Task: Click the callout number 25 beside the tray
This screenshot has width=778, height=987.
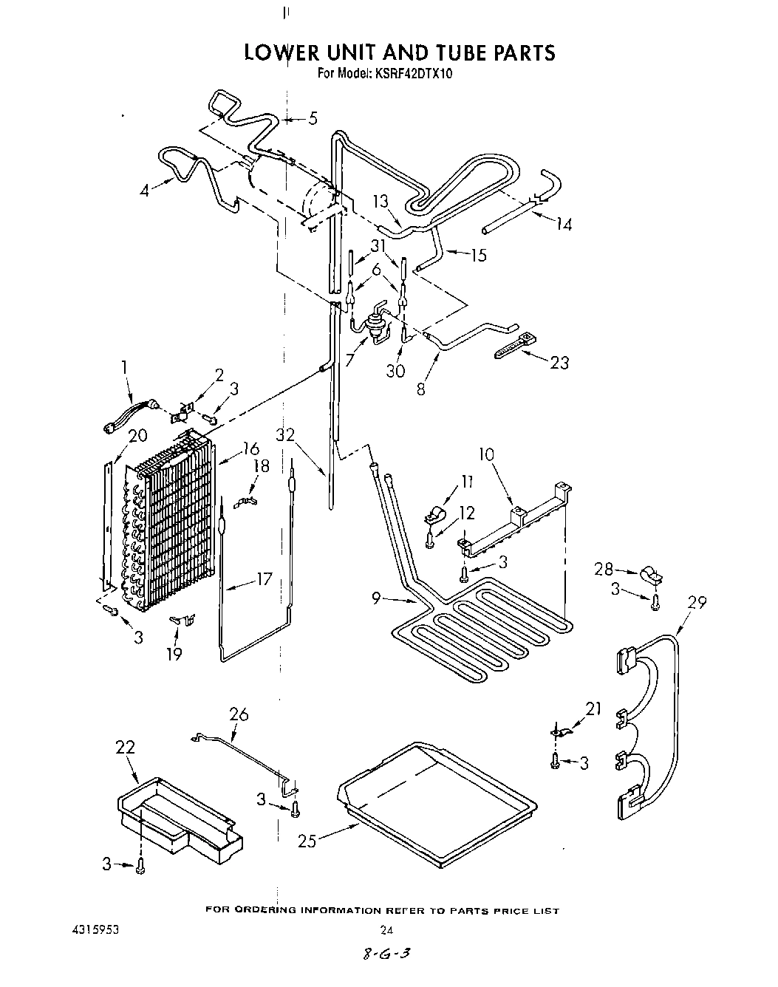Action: tap(307, 841)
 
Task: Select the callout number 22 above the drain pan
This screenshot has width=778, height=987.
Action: tap(126, 747)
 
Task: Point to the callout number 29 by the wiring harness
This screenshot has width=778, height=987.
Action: tap(697, 603)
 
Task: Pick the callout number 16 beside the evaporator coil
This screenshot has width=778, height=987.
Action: tap(251, 448)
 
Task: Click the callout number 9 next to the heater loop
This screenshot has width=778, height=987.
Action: tap(377, 599)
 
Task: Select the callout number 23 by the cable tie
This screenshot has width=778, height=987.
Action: tap(559, 363)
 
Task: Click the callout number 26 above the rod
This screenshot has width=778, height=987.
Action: tap(239, 714)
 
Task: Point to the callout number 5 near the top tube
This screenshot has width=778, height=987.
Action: tap(313, 117)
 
